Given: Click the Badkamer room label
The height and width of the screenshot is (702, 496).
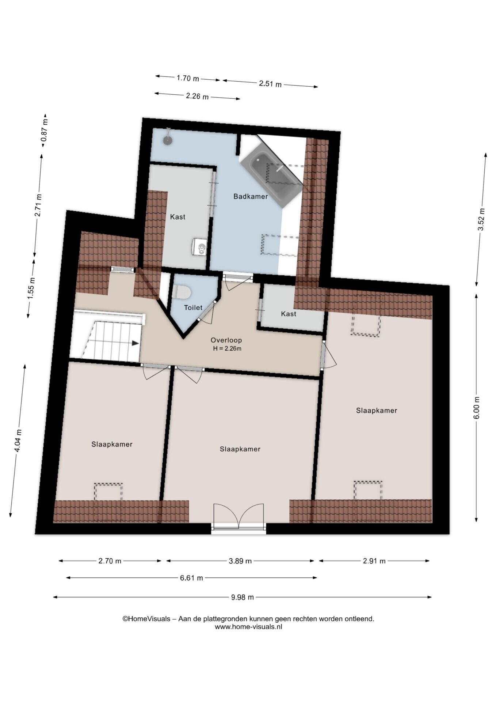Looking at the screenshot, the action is (x=251, y=196).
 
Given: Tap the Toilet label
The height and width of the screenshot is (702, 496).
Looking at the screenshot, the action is (x=193, y=307).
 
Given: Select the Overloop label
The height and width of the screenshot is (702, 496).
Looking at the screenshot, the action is (x=226, y=340).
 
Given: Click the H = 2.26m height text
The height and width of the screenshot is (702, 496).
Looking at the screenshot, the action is (x=227, y=348).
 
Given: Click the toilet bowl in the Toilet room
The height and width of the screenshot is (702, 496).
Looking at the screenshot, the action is (x=182, y=292).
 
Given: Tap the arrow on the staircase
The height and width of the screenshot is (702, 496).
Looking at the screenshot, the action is (x=135, y=343).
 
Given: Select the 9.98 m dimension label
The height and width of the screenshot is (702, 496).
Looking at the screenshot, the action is (x=242, y=597).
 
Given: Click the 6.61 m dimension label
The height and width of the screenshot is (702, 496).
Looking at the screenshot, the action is (x=191, y=578).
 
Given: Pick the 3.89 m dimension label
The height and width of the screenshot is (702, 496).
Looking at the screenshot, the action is (x=240, y=561).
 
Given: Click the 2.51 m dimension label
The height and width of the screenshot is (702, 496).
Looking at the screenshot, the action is (x=270, y=84).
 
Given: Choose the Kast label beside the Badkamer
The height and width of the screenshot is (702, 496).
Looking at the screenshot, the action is (x=178, y=217).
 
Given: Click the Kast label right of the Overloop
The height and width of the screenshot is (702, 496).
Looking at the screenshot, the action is (x=289, y=314).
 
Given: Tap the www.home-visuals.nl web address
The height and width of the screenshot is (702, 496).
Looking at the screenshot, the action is (x=248, y=627).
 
